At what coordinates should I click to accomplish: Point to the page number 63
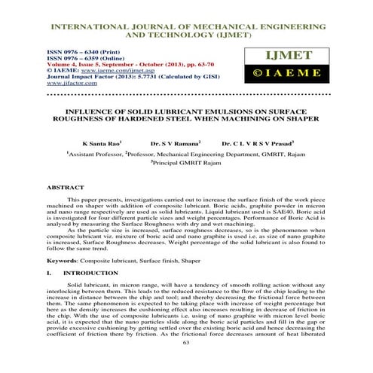click(x=186, y=363)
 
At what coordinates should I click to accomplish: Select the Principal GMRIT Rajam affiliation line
click(x=186, y=161)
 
